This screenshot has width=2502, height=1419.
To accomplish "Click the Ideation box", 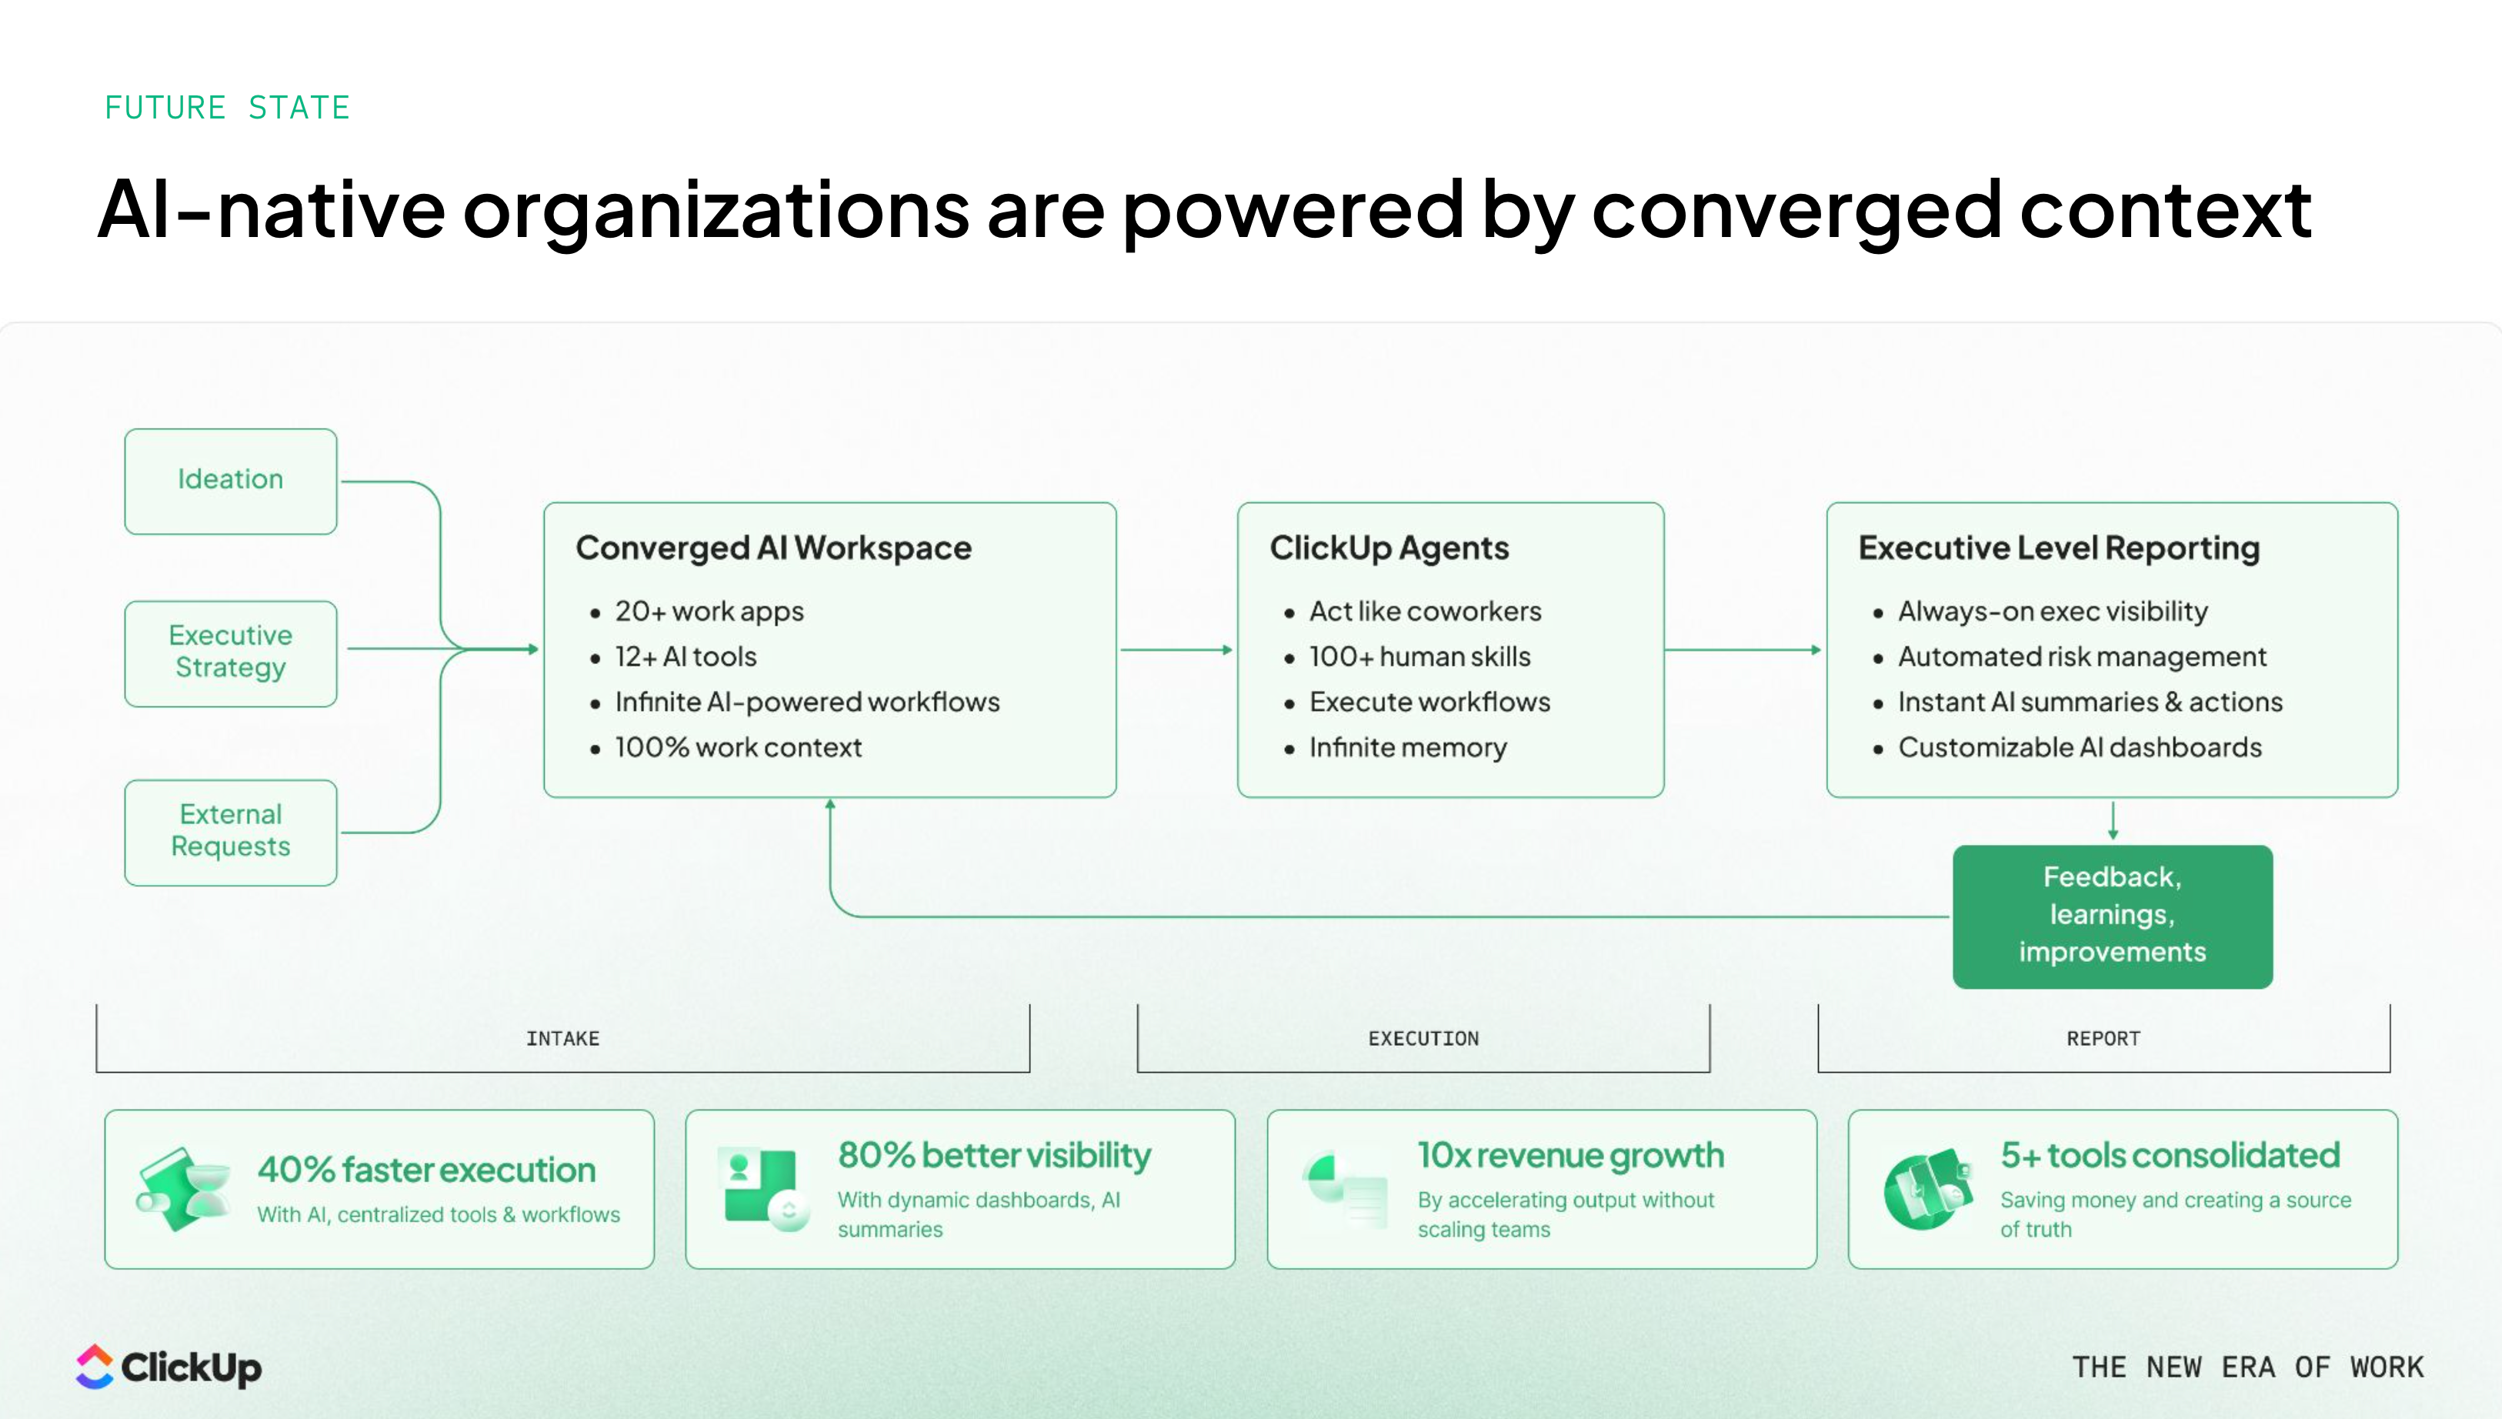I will coord(231,480).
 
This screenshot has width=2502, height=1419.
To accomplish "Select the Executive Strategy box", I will coord(231,652).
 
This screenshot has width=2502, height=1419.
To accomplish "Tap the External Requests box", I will coord(231,831).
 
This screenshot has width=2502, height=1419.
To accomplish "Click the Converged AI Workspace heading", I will coord(772,548).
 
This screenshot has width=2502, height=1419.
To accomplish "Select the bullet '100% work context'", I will coord(738,747).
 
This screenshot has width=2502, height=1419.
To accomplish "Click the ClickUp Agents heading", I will coord(1389,548).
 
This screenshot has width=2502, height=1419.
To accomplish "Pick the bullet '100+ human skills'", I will coord(1419,657).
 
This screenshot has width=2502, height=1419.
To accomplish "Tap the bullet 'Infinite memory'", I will coord(1407,747).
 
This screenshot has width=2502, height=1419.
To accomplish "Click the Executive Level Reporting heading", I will coord(2058,548).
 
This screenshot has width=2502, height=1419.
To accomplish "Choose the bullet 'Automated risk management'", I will coord(2081,657).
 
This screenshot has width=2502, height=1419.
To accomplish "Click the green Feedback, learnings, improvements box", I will coord(2111,915).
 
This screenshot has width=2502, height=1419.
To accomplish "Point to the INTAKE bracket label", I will coord(562,1039).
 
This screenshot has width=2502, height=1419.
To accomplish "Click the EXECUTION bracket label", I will coord(1423,1039).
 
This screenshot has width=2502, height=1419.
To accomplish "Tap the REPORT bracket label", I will coord(2103,1039).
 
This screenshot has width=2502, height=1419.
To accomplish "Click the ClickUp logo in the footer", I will coord(168,1367).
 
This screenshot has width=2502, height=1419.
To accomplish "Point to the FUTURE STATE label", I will coord(227,107).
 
